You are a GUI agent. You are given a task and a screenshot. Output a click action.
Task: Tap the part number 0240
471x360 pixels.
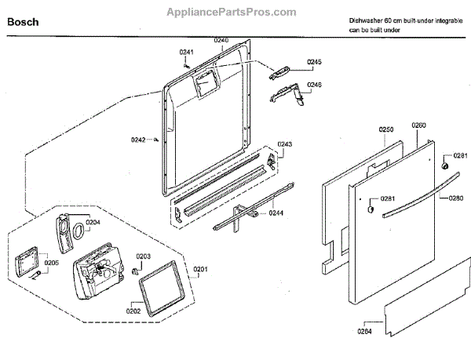click(x=221, y=40)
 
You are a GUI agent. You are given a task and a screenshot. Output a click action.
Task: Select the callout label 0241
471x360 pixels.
click(x=186, y=53)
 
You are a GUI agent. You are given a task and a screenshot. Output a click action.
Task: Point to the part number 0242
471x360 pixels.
click(x=138, y=140)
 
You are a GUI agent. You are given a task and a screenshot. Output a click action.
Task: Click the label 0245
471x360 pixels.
click(x=315, y=62)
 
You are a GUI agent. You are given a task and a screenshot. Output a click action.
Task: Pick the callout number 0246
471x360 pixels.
click(x=314, y=85)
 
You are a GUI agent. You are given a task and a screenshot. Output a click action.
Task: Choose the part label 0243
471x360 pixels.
click(x=284, y=145)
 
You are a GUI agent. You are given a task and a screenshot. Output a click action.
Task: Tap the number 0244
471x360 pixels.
click(x=277, y=212)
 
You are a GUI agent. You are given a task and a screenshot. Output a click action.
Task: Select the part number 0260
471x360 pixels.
click(x=418, y=125)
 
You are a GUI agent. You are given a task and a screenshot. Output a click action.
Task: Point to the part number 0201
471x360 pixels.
click(x=201, y=270)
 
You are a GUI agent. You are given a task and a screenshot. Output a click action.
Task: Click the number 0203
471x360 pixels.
click(x=144, y=256)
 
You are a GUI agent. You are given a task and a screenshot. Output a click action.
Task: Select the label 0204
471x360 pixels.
click(x=93, y=223)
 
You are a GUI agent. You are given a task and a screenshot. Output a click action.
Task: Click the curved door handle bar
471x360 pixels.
click(x=416, y=196)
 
